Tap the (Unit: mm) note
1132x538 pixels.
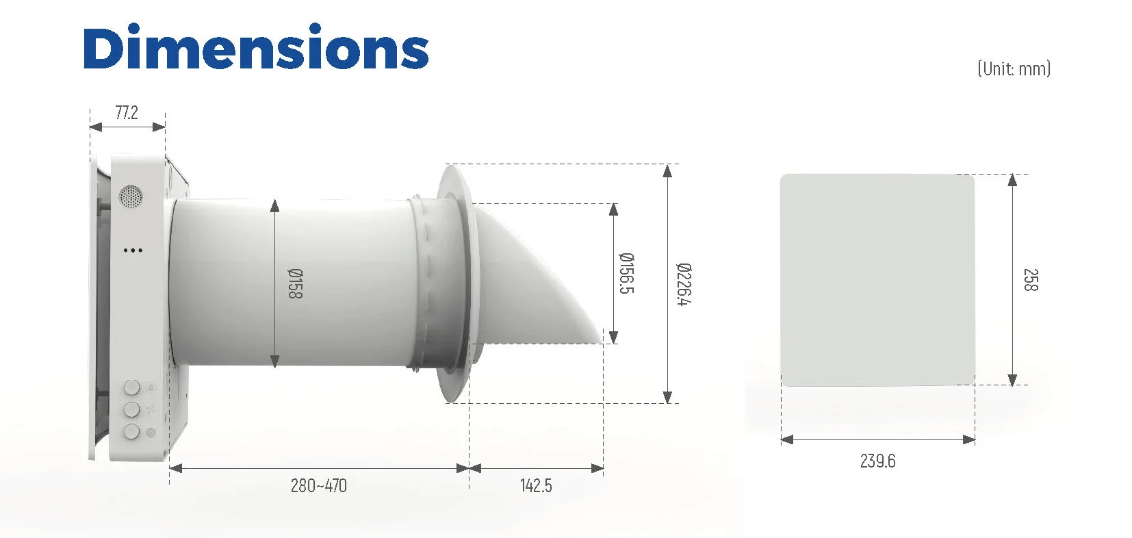[x=1014, y=68]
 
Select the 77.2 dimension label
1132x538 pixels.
[x=127, y=113]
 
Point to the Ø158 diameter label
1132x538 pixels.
[x=295, y=283]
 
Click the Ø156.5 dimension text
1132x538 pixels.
[x=626, y=273]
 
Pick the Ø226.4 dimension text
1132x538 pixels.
[x=683, y=284]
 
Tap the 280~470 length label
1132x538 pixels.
[x=319, y=486]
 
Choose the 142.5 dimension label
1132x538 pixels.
[x=536, y=486]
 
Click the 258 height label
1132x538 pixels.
[x=1030, y=279]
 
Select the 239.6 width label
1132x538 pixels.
[x=877, y=461]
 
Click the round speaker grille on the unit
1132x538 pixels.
[x=131, y=197]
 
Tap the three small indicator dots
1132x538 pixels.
[x=133, y=251]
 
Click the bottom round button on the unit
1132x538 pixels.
[x=131, y=432]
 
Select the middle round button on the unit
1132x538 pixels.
[x=131, y=410]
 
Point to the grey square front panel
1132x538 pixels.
[x=877, y=279]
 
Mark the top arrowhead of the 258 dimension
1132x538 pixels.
[x=1013, y=179]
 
